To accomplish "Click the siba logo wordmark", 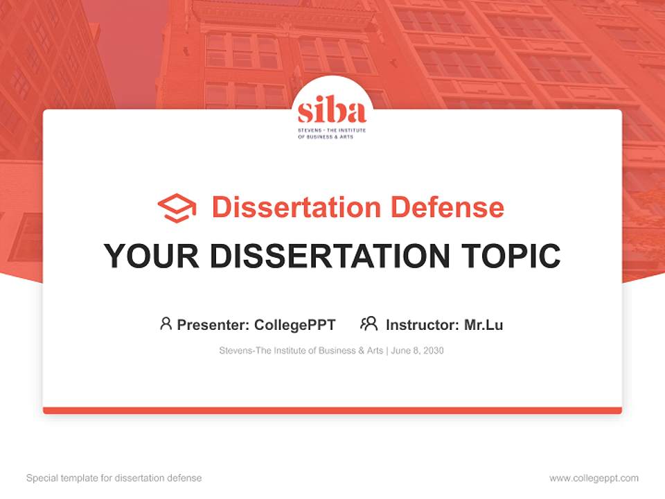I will click(x=332, y=111).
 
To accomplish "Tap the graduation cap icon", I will click(x=177, y=208).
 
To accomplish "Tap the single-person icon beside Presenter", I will click(x=166, y=324).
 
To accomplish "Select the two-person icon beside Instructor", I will click(x=369, y=324).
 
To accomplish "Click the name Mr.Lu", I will click(x=484, y=324).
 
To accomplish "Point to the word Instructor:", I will click(x=422, y=324).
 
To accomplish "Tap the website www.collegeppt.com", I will click(x=594, y=478).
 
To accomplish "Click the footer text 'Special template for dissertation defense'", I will click(x=114, y=478).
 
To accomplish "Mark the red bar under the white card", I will click(x=332, y=410).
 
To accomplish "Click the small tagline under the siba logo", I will click(x=332, y=133).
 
